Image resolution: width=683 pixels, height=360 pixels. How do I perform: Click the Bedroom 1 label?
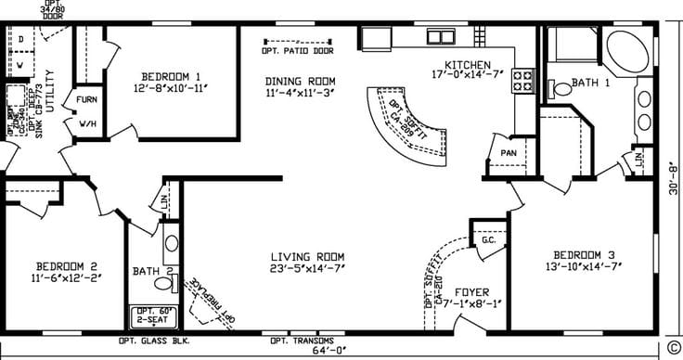click(172, 76)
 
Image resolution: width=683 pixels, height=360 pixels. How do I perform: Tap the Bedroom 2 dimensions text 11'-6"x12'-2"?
click(66, 276)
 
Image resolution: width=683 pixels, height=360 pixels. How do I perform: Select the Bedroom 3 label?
click(586, 254)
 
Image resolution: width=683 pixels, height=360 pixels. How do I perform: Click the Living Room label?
click(308, 257)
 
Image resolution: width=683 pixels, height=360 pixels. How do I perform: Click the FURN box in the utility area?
click(87, 99)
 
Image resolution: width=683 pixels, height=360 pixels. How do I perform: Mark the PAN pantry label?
click(508, 153)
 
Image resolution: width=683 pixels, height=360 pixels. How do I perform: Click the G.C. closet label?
click(488, 239)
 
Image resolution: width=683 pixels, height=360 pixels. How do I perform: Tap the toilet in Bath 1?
click(560, 90)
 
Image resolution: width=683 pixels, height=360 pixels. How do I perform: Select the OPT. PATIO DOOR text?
click(299, 53)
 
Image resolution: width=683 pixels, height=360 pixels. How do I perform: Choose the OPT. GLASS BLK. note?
click(153, 341)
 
